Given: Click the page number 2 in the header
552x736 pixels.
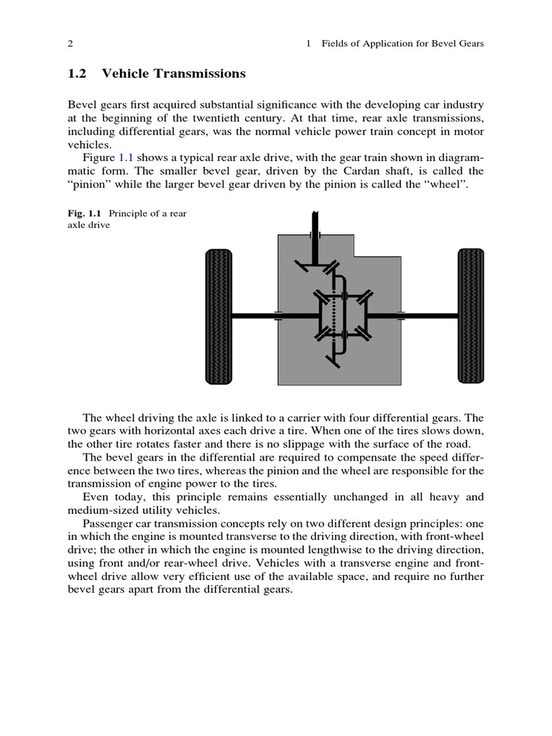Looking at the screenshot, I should pos(70,44).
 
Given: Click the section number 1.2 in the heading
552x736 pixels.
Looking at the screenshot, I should pos(78,74).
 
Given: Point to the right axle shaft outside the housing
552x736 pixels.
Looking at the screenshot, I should pos(430,316).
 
